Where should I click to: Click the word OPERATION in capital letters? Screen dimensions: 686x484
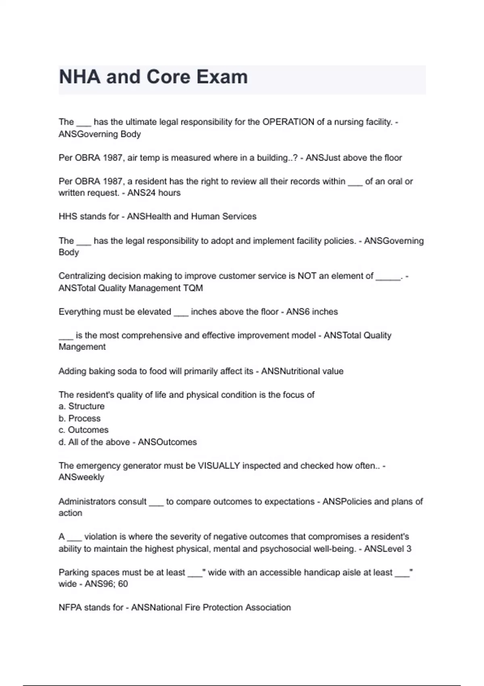click(x=288, y=122)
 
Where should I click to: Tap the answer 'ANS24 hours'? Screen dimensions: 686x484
click(x=154, y=193)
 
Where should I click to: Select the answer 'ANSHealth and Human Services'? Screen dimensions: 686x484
click(x=192, y=217)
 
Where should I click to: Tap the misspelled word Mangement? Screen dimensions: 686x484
click(x=82, y=347)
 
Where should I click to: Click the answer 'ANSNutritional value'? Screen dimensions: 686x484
click(x=302, y=371)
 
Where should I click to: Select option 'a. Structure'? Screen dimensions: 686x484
click(x=81, y=406)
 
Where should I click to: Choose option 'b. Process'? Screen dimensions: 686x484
click(x=79, y=418)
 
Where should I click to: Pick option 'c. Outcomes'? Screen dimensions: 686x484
click(x=83, y=430)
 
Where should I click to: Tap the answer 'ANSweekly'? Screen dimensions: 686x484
click(x=81, y=477)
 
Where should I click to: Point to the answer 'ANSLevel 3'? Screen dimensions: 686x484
click(x=388, y=549)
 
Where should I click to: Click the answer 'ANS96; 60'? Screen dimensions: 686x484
click(x=106, y=584)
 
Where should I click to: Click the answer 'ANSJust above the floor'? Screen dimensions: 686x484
click(x=353, y=158)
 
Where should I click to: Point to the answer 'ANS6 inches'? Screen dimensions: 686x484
click(x=312, y=312)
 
